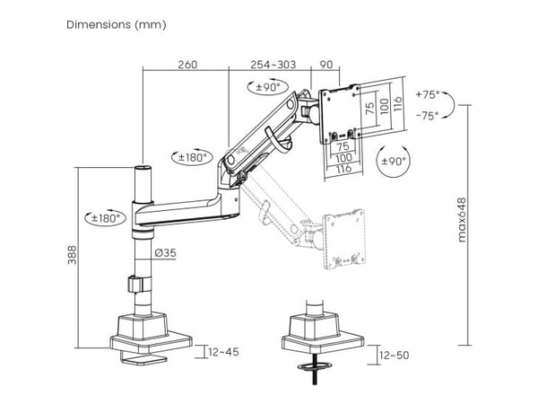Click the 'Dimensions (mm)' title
tap(117, 25)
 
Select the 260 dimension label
tap(187, 65)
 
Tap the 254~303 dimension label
tap(273, 65)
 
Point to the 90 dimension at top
tap(326, 65)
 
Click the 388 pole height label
tap(72, 255)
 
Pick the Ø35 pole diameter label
tap(165, 253)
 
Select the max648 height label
tap(462, 220)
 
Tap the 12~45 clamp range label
tap(223, 352)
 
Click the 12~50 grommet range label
tap(395, 355)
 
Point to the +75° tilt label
tap(428, 94)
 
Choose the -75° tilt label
tap(428, 116)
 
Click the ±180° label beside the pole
tap(106, 218)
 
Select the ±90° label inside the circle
tap(394, 161)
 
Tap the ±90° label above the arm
tap(268, 87)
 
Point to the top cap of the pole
tap(143, 169)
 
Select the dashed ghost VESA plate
tap(344, 239)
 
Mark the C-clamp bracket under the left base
tap(143, 359)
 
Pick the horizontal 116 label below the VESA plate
tap(343, 169)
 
